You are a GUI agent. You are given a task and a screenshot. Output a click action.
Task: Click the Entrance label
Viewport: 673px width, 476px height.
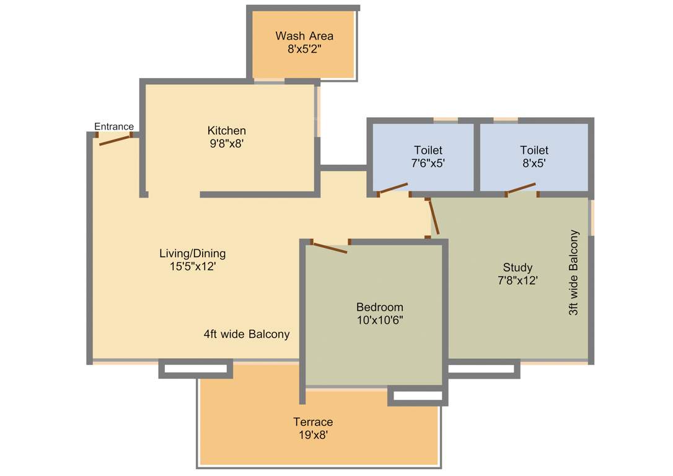point(114,126)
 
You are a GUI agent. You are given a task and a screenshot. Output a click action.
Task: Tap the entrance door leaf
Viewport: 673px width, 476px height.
point(115,140)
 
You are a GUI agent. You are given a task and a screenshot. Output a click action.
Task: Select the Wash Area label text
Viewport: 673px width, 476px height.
point(304,36)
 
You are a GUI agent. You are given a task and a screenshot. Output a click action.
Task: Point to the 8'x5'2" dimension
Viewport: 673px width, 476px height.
point(304,49)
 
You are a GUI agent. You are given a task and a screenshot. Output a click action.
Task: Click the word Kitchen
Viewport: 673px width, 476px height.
point(226,131)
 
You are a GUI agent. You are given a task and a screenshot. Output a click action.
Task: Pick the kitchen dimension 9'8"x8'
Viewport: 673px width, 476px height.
point(226,144)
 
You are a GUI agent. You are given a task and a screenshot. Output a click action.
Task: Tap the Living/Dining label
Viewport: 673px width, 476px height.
point(192,253)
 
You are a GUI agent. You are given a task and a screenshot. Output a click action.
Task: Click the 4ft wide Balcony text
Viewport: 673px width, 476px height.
point(247,335)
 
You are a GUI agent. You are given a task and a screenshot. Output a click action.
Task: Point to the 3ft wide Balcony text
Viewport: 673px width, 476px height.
point(574,273)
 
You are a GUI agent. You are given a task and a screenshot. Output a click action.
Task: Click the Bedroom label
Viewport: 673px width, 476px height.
point(379,307)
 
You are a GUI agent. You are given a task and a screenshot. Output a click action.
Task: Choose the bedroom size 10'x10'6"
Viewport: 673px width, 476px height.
point(379,320)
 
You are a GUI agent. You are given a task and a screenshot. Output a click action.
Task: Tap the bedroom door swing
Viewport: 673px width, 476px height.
point(329,248)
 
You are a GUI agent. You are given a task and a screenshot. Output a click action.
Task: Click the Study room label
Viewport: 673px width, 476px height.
point(517,268)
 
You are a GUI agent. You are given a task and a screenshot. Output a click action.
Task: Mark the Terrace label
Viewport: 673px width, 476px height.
point(313,422)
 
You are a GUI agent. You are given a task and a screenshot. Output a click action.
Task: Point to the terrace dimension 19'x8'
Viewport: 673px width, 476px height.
point(313,435)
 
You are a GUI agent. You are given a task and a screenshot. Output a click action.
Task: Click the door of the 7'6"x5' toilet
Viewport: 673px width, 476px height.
point(393,188)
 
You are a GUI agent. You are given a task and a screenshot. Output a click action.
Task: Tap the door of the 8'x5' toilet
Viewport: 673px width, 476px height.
point(521,188)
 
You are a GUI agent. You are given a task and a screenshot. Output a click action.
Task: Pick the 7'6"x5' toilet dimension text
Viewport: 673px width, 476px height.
point(429,164)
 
